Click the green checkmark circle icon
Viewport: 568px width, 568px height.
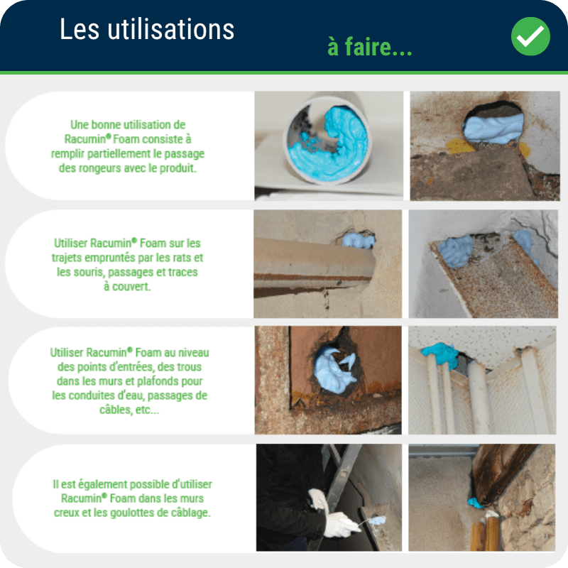point(530,36)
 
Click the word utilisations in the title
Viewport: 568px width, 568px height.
point(170,29)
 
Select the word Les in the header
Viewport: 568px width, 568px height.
point(80,29)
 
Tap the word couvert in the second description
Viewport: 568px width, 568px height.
point(131,287)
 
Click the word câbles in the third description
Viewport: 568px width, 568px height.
point(113,410)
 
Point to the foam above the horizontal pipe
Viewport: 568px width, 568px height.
point(358,241)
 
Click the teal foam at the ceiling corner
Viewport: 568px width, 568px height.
point(440,354)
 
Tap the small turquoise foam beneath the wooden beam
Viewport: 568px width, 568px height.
point(475,503)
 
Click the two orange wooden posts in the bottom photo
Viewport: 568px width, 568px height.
point(485,532)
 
